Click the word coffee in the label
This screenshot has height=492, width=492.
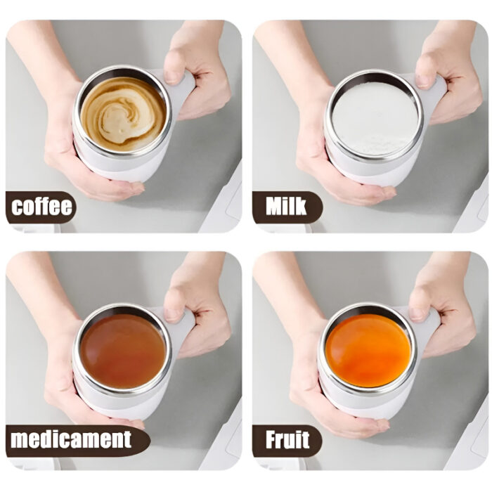[42, 207]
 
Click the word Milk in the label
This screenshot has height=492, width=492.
[286, 207]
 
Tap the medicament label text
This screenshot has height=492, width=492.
[70, 440]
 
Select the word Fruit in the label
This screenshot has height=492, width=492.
[287, 440]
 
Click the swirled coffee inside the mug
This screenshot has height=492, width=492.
[123, 112]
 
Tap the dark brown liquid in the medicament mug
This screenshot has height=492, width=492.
[123, 349]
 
